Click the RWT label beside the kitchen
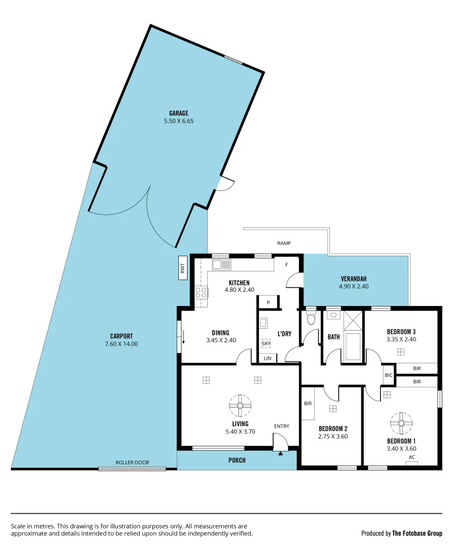coord(183,267)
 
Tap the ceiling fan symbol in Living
coord(240,405)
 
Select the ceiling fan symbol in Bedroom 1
coord(401,422)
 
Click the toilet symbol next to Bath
coord(311,319)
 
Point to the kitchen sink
coord(221,264)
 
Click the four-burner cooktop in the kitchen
coord(201,292)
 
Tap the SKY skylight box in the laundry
coord(266,344)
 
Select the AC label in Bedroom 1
coord(411,457)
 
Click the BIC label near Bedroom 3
coord(389,375)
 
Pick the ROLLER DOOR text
coord(132,462)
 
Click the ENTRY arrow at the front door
coord(280,454)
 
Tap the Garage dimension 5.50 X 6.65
coord(179,121)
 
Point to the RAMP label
coord(284,244)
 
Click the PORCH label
coord(237,460)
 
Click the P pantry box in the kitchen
coord(268,303)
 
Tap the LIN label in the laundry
coord(268,358)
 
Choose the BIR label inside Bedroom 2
coord(308,403)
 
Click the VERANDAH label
coord(353,279)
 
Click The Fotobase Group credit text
coord(417,533)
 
